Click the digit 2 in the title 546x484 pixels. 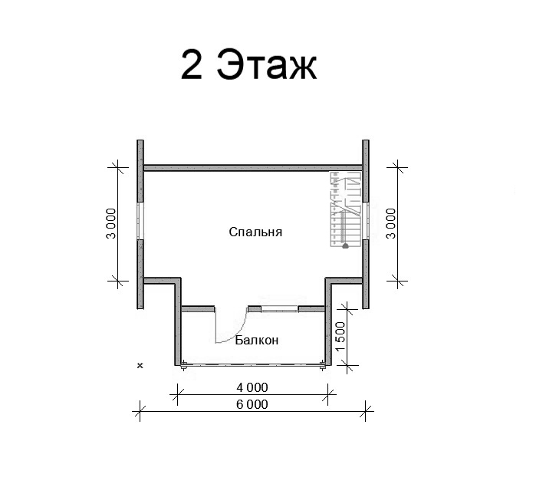click(x=192, y=64)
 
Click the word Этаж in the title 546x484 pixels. click(x=267, y=64)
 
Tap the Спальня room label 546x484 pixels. click(x=255, y=232)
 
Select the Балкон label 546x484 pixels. click(x=257, y=340)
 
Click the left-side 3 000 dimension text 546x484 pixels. click(x=111, y=223)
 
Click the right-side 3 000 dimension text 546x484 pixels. click(x=391, y=223)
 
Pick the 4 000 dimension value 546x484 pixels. click(x=252, y=387)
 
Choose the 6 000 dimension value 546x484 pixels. click(x=252, y=404)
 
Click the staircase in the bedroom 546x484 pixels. click(x=346, y=209)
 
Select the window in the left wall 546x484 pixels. click(x=140, y=221)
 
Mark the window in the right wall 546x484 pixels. click(x=365, y=221)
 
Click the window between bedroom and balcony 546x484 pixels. click(x=280, y=308)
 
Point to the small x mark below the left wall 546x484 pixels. click(x=140, y=366)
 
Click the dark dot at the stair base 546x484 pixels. click(x=345, y=246)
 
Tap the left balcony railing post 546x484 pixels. click(x=183, y=365)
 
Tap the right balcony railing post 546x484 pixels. click(x=323, y=365)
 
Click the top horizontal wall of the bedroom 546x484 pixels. click(x=253, y=168)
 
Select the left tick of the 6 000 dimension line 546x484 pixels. click(x=140, y=411)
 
